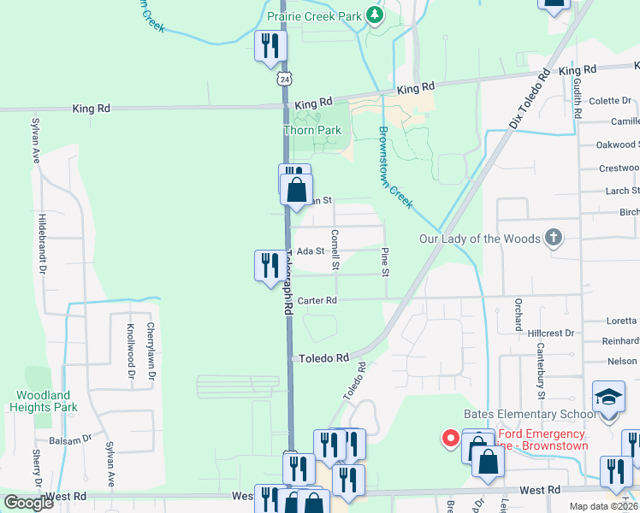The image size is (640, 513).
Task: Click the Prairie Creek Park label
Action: point(314,15)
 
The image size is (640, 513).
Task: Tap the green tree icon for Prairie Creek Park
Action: point(373,15)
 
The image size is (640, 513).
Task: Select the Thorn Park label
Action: point(312,130)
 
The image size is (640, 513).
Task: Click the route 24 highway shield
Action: point(283,78)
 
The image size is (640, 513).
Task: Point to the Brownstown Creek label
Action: point(395,168)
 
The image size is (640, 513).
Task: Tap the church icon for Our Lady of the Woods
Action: point(554,239)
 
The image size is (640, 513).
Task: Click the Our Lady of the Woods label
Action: point(479,239)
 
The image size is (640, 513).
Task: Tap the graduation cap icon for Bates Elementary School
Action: point(608,398)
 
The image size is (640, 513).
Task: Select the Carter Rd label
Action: point(317,301)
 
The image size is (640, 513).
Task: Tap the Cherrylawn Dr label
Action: point(151,351)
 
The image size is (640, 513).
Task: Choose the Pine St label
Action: point(385,262)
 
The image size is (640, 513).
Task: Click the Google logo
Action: point(27,503)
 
